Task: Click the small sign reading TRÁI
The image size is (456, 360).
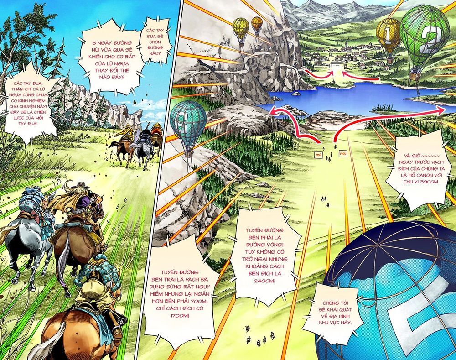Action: pos(317,156)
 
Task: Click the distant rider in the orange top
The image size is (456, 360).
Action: pos(156,129)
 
